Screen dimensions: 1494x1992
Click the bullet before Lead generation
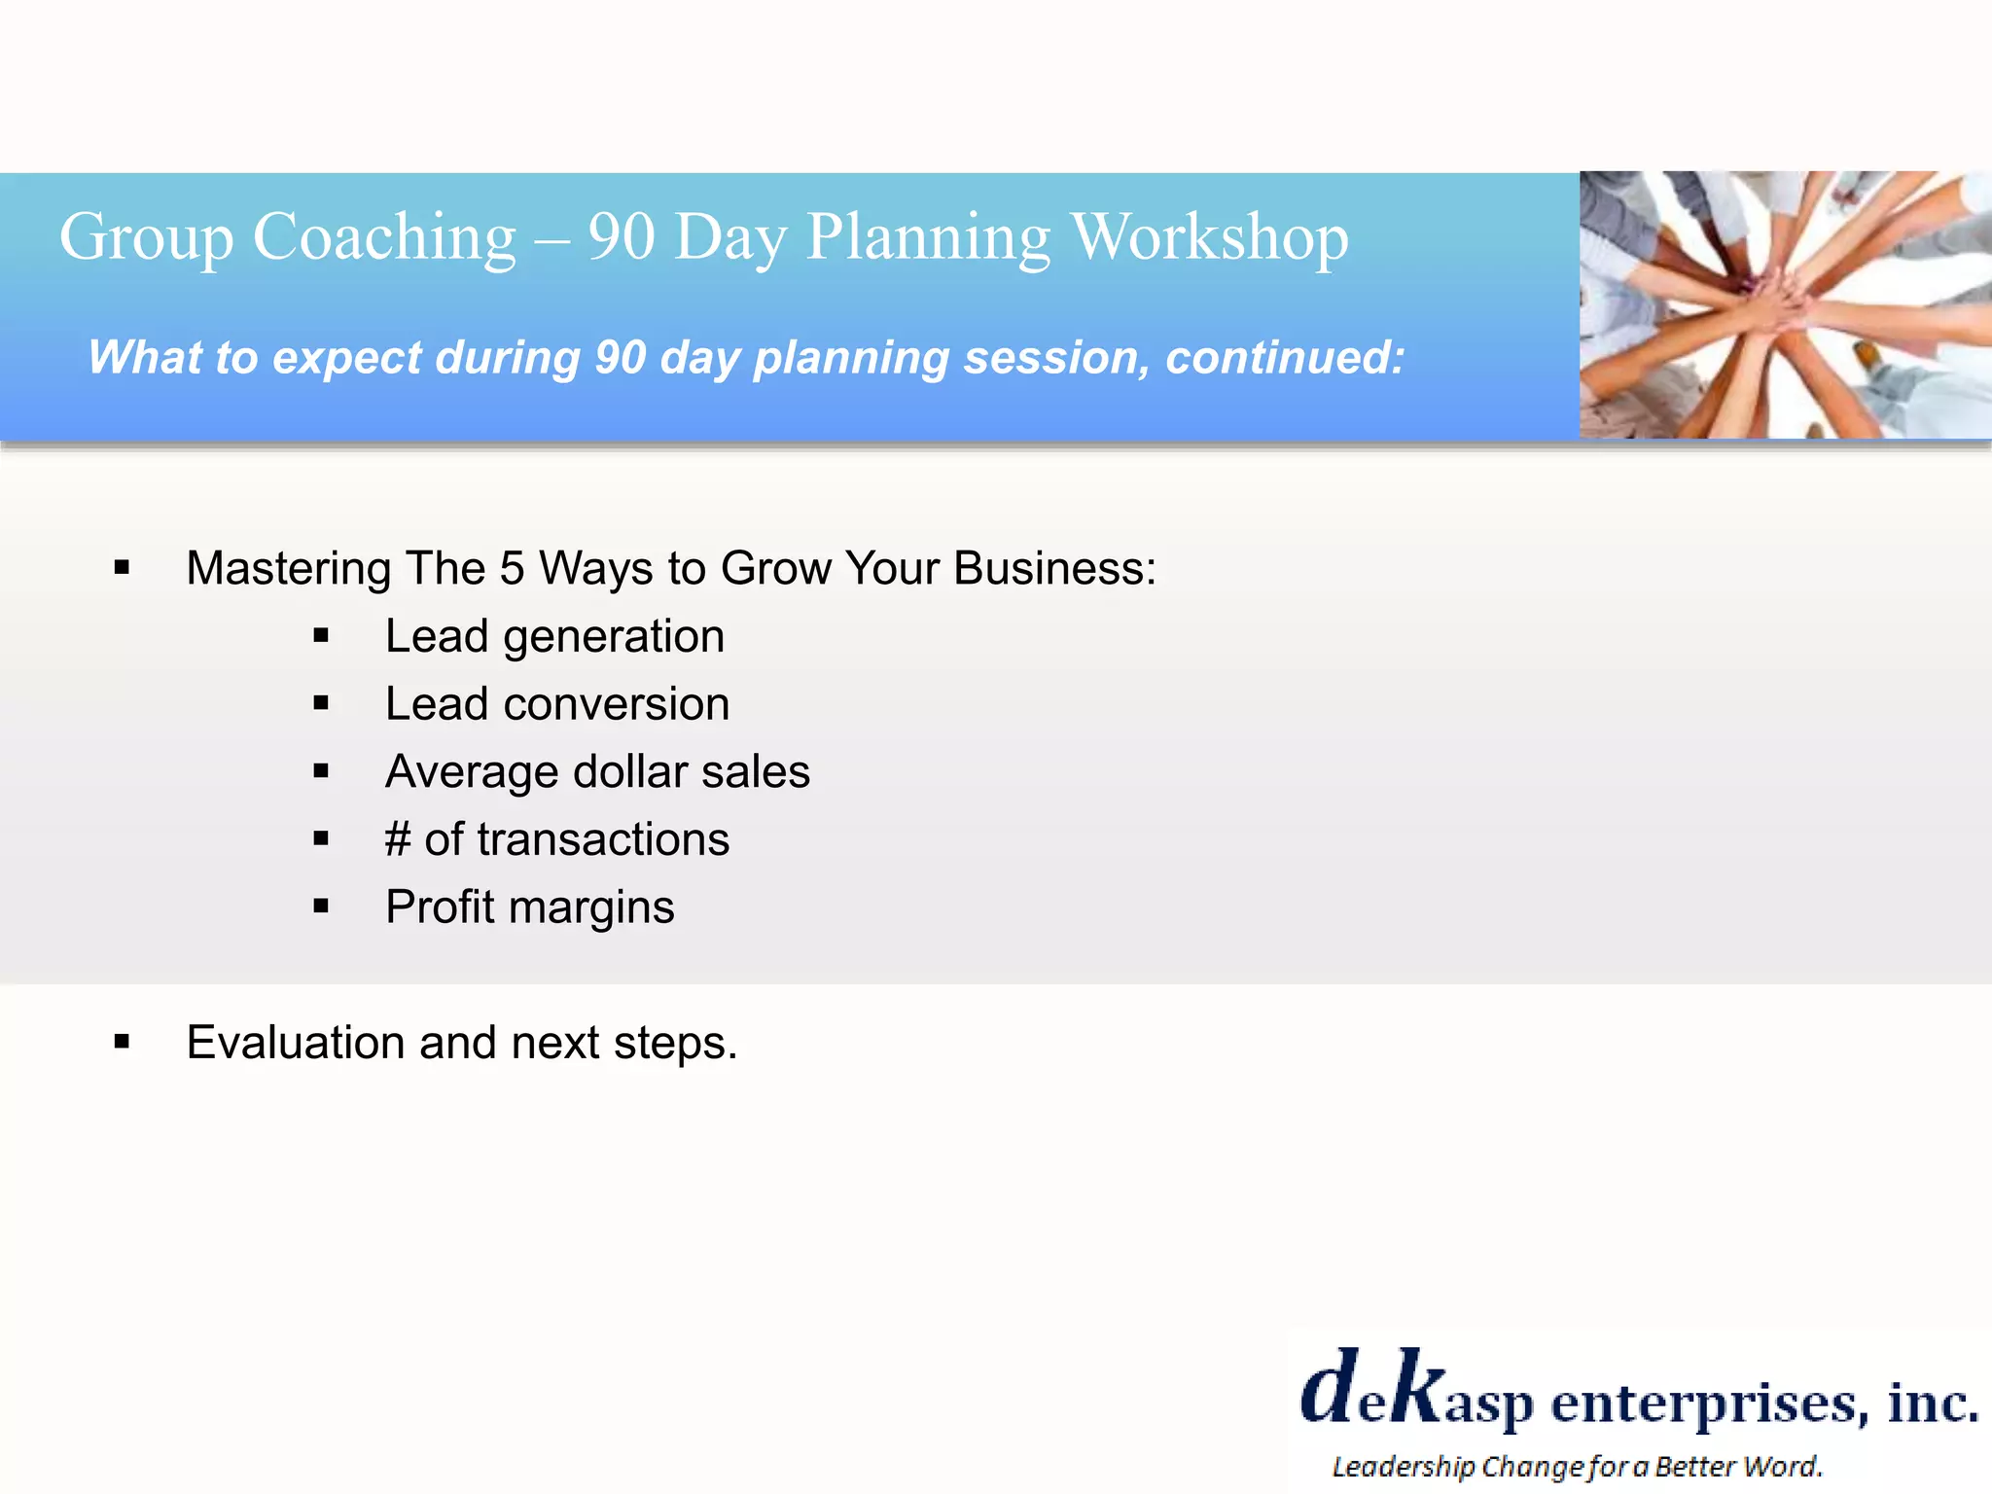pyautogui.click(x=321, y=637)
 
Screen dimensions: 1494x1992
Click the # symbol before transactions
pyautogui.click(x=397, y=839)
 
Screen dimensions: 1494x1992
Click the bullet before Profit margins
pyautogui.click(x=321, y=907)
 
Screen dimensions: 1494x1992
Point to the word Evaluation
pyautogui.click(x=296, y=1043)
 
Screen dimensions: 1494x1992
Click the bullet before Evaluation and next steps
pyautogui.click(x=122, y=1043)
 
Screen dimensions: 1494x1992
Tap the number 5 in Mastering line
pyautogui.click(x=512, y=568)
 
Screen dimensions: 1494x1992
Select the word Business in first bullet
pyautogui.click(x=1053, y=568)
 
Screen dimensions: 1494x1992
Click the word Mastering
pyautogui.click(x=288, y=568)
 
